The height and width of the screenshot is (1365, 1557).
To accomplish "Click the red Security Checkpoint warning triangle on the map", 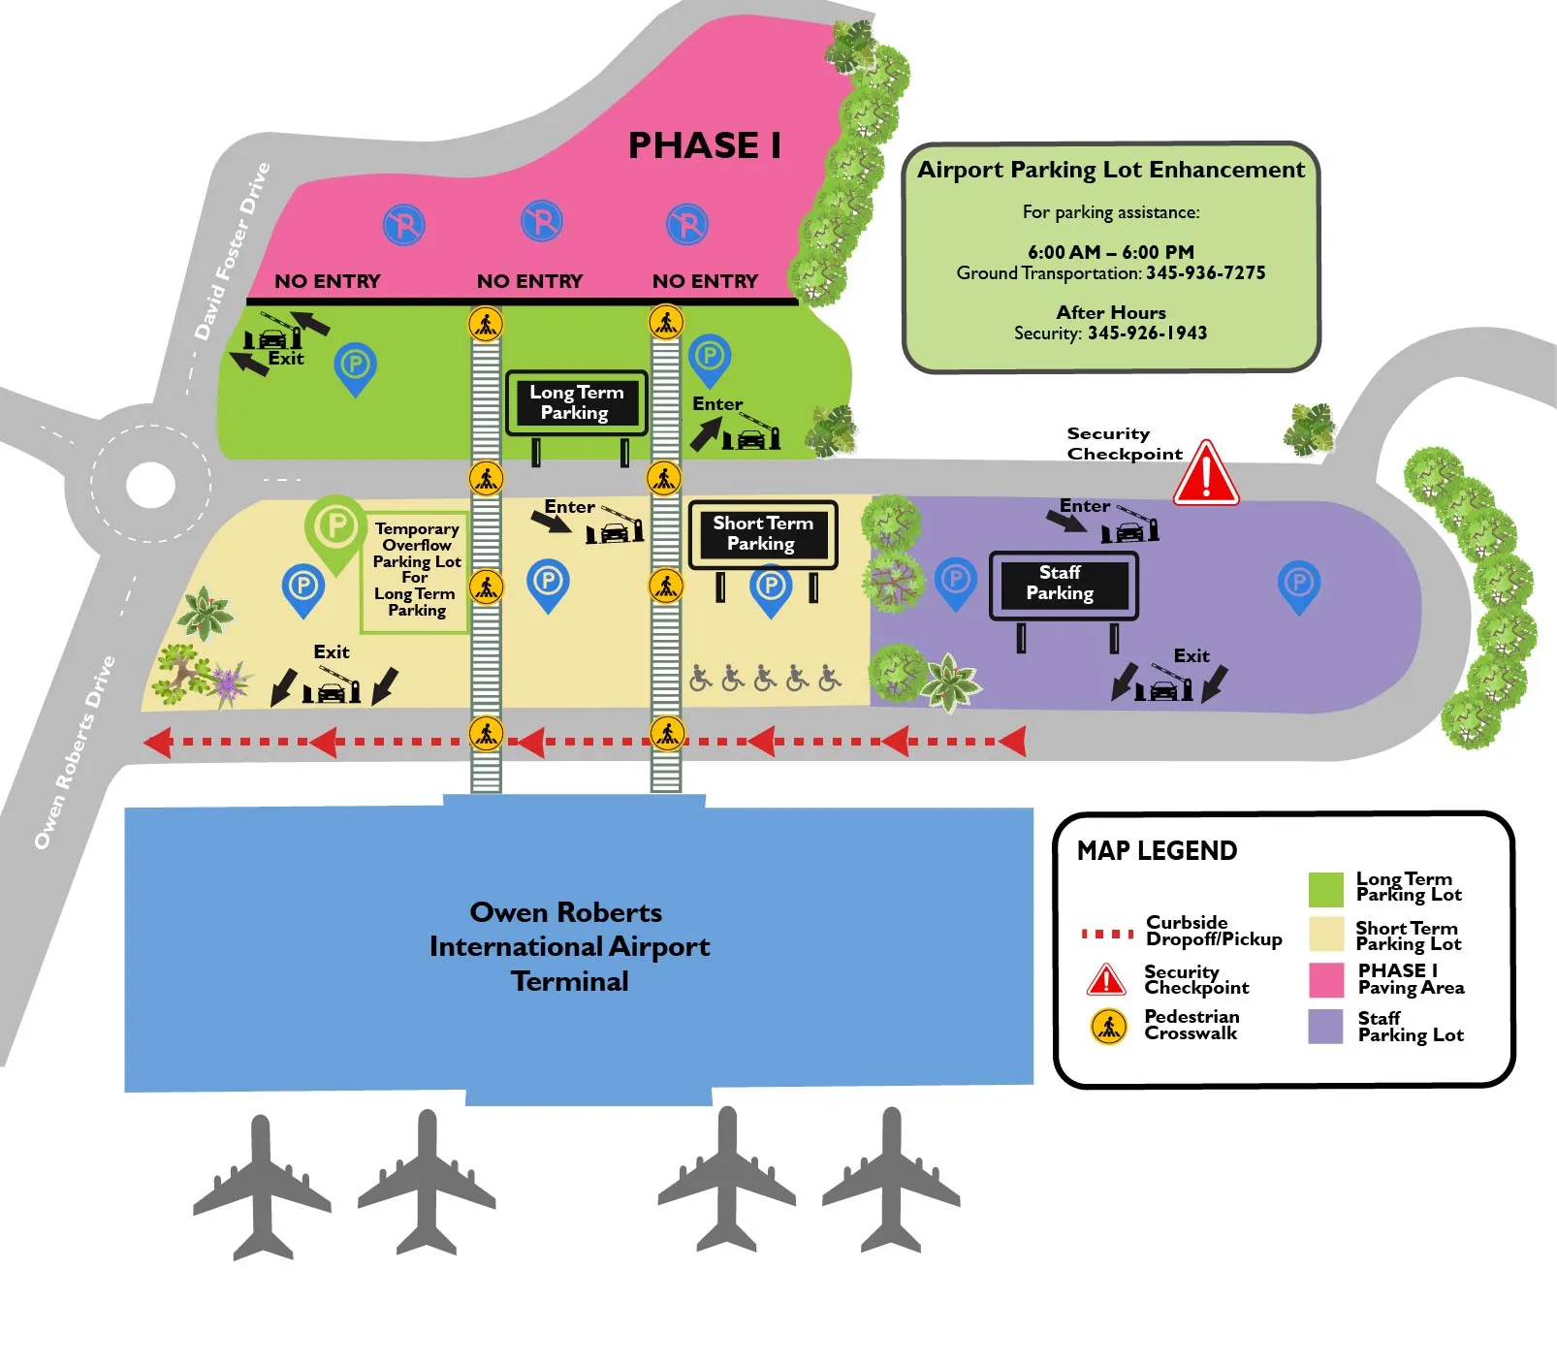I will [x=1206, y=476].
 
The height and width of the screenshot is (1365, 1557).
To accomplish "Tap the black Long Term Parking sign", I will [x=576, y=402].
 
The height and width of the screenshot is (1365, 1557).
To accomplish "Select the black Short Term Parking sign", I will [x=763, y=533].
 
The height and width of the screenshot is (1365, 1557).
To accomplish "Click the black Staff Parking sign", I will [x=1063, y=584].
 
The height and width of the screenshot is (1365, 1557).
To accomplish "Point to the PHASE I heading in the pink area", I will [x=705, y=145].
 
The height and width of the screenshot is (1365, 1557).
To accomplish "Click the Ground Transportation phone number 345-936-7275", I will [x=1205, y=273].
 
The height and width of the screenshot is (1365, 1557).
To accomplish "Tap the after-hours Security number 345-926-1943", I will [x=1147, y=333].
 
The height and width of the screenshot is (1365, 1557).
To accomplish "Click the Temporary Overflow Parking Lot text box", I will [x=416, y=570].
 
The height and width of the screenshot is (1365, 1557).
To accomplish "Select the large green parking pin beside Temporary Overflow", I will [x=335, y=530].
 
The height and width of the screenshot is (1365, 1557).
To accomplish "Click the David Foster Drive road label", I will [x=232, y=251].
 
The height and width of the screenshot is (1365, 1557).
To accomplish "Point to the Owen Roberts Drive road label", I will [x=75, y=752].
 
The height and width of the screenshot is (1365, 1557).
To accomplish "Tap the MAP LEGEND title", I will [x=1157, y=851].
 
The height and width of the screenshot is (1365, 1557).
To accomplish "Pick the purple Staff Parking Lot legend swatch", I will [x=1325, y=1027].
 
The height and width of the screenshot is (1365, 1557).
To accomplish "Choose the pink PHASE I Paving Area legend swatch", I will [x=1325, y=979].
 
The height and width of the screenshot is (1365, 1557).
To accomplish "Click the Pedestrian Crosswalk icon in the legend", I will [x=1108, y=1026].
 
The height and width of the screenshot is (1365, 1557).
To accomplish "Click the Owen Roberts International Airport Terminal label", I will [x=569, y=946].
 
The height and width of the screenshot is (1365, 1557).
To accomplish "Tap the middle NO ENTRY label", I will [x=529, y=281].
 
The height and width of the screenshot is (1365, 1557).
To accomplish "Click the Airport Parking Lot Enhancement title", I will [x=1111, y=170].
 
